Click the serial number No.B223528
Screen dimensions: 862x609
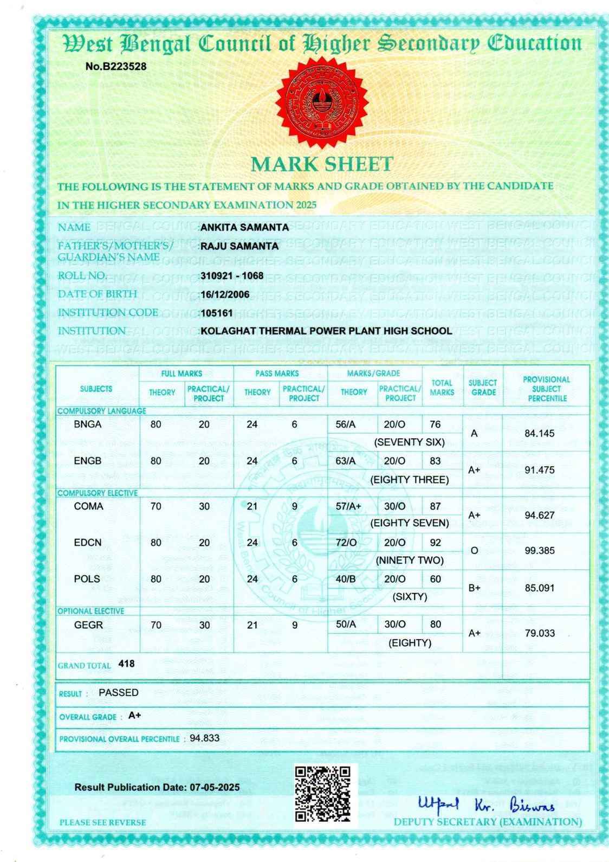click(x=116, y=67)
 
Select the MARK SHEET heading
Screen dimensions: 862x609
click(x=322, y=164)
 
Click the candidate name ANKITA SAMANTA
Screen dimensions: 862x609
click(x=244, y=228)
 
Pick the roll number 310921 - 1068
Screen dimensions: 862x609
click(x=232, y=275)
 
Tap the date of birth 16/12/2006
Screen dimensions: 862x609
click(x=225, y=294)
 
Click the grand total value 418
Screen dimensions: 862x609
click(x=126, y=664)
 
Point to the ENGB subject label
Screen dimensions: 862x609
click(x=88, y=461)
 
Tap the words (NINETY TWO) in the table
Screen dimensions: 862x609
click(x=410, y=560)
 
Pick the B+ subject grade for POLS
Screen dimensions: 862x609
click(x=475, y=588)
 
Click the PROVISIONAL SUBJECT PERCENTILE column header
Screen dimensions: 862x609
click(x=546, y=389)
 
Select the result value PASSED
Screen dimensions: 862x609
click(x=119, y=693)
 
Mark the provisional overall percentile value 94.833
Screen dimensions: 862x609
click(x=204, y=738)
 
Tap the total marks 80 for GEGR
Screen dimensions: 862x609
click(x=436, y=625)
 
